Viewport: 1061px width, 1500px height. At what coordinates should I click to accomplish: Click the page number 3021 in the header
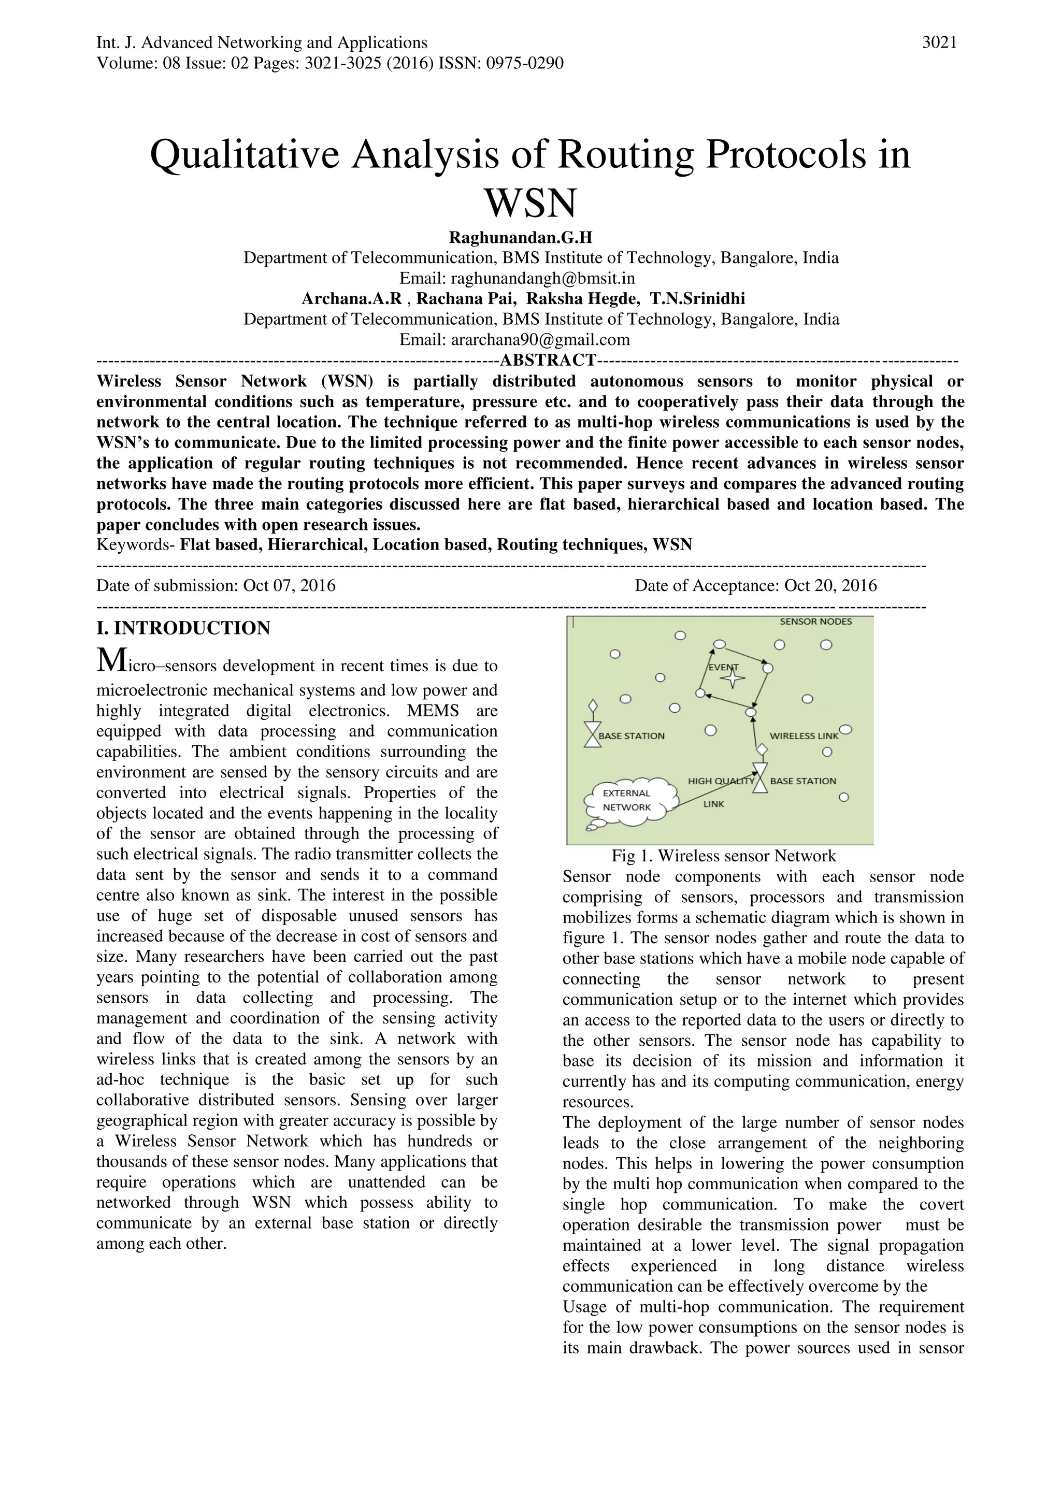click(939, 43)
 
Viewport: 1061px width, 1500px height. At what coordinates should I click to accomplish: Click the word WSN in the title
click(530, 203)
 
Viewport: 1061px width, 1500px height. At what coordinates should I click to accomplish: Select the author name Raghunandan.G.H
click(520, 237)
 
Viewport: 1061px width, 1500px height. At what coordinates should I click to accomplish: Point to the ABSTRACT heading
click(548, 360)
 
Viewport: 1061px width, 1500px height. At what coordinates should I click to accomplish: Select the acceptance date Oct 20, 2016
click(830, 585)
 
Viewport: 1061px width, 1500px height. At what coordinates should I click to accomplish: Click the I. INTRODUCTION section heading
click(183, 628)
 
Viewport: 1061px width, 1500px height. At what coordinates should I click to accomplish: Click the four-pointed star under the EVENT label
click(733, 679)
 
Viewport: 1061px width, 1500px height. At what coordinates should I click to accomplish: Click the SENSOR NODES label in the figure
click(815, 622)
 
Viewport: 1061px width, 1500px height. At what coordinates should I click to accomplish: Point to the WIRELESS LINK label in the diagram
click(803, 735)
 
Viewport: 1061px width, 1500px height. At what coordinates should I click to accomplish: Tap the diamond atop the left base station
click(593, 705)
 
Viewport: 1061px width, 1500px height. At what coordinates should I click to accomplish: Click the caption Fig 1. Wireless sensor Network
click(723, 856)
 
